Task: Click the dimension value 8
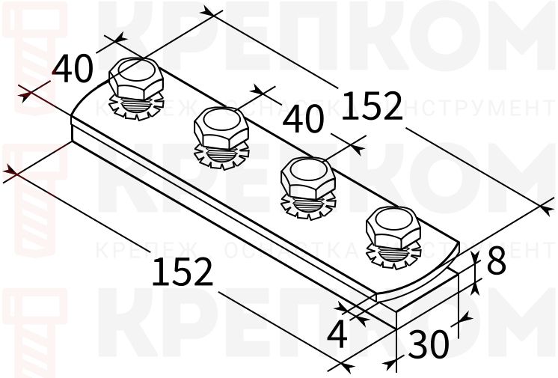click(x=497, y=262)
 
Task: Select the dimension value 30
click(x=429, y=344)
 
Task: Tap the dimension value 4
click(x=338, y=335)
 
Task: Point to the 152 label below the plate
click(x=183, y=272)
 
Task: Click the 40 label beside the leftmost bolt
click(x=73, y=69)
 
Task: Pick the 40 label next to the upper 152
click(x=304, y=118)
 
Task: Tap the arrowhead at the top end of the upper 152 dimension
click(x=212, y=13)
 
